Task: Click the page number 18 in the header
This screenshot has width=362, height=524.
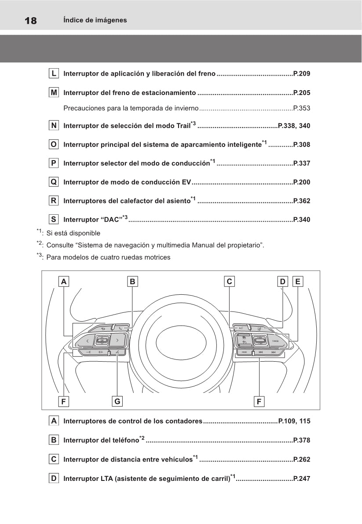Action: (31, 21)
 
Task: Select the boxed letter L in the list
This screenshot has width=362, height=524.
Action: (54, 73)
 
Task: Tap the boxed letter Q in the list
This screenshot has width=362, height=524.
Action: (54, 182)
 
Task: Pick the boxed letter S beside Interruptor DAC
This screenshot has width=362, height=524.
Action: (54, 219)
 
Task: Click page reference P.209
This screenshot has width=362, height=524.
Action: (301, 73)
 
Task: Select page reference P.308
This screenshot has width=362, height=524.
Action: (301, 144)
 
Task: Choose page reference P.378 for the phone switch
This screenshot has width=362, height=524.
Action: (301, 440)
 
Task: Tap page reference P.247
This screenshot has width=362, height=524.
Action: (301, 479)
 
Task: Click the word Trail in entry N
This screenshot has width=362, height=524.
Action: (183, 126)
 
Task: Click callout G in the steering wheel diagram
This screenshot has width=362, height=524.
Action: (117, 401)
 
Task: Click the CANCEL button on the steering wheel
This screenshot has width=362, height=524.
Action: (276, 341)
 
